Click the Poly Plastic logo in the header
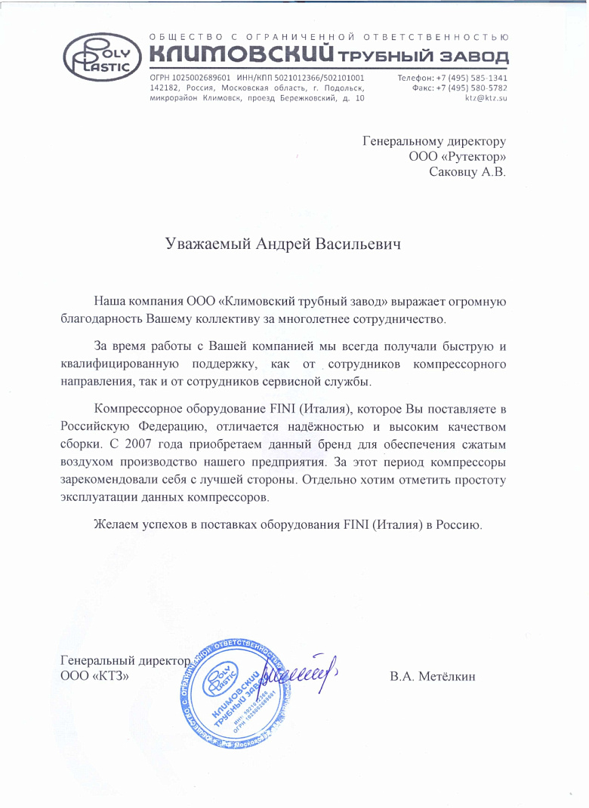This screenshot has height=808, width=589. pyautogui.click(x=100, y=58)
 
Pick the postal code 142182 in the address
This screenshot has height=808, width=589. pyautogui.click(x=165, y=88)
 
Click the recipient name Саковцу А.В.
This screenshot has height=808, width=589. pyautogui.click(x=467, y=172)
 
